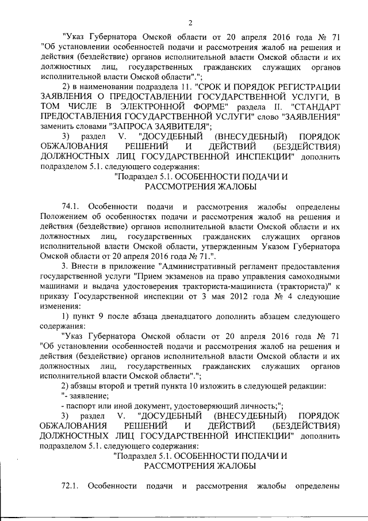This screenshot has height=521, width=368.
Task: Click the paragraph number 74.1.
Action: click(x=72, y=206)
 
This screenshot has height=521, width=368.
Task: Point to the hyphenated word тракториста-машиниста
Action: click(x=229, y=286)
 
